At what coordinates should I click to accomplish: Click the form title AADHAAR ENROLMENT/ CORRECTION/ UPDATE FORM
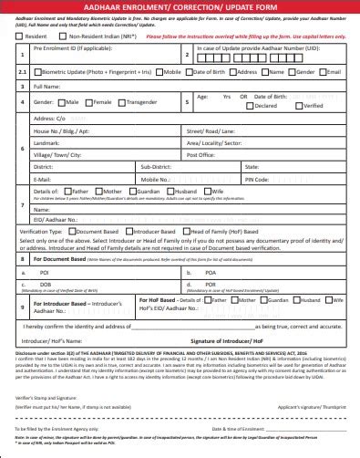[180, 8]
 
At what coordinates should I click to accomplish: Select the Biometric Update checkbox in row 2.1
[35, 70]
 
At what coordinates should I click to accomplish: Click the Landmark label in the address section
[47, 143]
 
